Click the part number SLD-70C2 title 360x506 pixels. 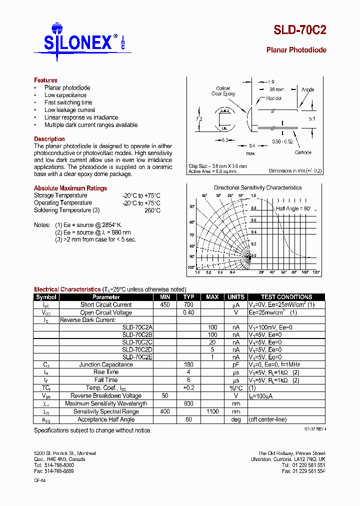click(299, 29)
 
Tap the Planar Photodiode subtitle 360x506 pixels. click(296, 50)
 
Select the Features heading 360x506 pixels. click(45, 80)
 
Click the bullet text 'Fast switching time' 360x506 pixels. click(68, 102)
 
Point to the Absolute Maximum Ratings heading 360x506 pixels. click(70, 188)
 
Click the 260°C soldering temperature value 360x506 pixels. click(152, 210)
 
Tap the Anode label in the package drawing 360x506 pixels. click(307, 89)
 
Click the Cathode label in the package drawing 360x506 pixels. click(302, 153)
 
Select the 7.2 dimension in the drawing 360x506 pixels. click(198, 119)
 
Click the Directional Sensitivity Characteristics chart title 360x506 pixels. click(257, 187)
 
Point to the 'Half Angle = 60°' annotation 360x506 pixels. click(293, 208)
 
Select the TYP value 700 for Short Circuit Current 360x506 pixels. click(188, 304)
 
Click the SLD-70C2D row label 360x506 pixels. click(137, 350)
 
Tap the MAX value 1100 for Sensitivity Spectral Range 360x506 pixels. click(212, 411)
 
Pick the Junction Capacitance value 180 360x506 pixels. click(188, 364)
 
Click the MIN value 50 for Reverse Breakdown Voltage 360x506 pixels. click(165, 396)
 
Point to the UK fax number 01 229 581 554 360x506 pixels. click(303, 471)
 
